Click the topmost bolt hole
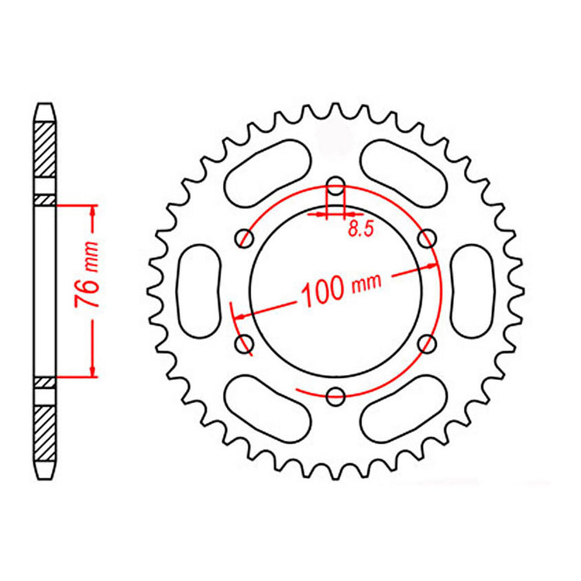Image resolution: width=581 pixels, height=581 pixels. pos(335,186)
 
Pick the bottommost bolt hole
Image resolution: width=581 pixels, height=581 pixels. pos(335,397)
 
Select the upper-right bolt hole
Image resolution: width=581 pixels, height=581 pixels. pos(426,239)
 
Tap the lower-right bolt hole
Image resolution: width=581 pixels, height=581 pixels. pos(426,343)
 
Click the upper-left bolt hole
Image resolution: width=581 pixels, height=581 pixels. pos(244,239)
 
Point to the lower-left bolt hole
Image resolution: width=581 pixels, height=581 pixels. pos(244,343)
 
